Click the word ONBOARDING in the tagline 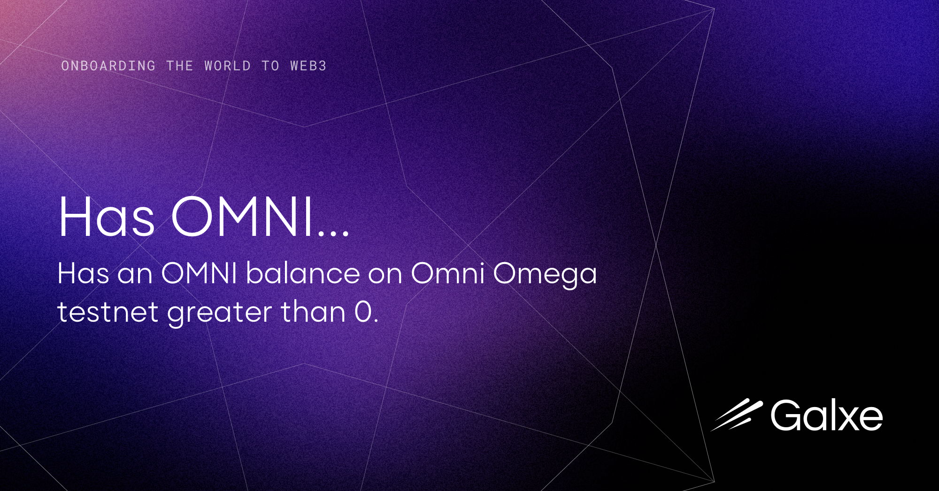click(108, 66)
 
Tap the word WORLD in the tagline click(228, 66)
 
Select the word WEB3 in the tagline click(308, 66)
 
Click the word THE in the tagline click(180, 66)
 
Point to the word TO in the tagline click(270, 66)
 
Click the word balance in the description click(303, 273)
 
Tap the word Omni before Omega click(448, 273)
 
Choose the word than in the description click(313, 312)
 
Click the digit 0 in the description click(363, 312)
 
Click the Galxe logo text click(826, 415)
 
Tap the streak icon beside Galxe click(737, 415)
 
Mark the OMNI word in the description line click(199, 273)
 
